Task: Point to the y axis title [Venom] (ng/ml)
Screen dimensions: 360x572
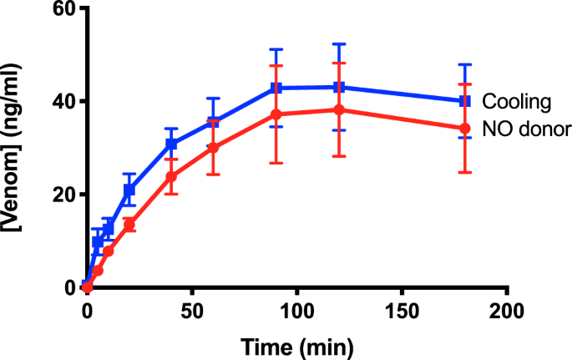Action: tap(17, 151)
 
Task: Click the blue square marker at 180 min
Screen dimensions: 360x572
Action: tap(465, 101)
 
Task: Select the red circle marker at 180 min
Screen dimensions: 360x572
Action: tap(465, 129)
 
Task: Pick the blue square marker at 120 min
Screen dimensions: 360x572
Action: tap(339, 87)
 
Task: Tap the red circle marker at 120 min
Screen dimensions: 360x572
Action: tap(339, 109)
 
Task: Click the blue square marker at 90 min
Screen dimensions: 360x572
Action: tap(276, 88)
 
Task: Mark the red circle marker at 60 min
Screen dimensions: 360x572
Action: tap(213, 148)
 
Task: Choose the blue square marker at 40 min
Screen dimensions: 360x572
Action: tap(171, 144)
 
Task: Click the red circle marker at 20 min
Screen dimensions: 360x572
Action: tap(129, 225)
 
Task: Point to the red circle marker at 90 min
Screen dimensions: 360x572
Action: tap(276, 114)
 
